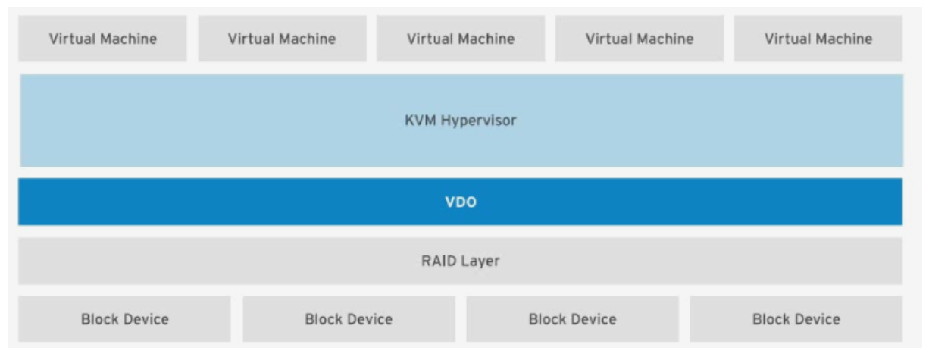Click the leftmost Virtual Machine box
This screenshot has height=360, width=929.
click(x=102, y=39)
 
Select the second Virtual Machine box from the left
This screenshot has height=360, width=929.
click(x=281, y=39)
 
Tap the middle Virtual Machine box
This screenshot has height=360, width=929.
click(x=460, y=39)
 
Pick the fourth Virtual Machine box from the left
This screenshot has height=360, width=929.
click(x=639, y=39)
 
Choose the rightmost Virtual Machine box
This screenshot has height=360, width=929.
click(x=818, y=39)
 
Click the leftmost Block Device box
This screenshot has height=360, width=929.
click(x=124, y=319)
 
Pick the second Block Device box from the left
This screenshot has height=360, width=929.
click(x=349, y=319)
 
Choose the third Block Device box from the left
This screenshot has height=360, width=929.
click(x=572, y=319)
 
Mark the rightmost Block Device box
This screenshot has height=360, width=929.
click(x=796, y=319)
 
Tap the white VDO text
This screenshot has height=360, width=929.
click(x=460, y=202)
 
